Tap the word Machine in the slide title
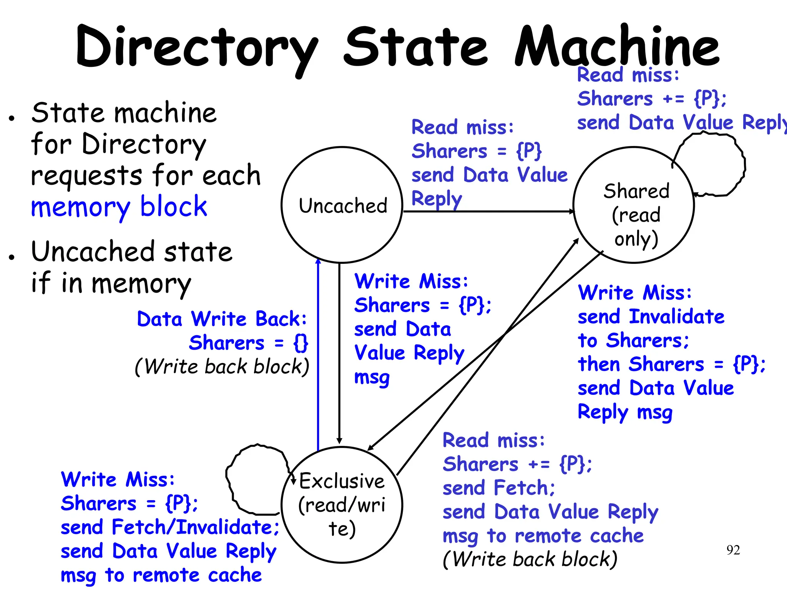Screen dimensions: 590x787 click(616, 47)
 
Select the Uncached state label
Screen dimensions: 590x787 click(343, 206)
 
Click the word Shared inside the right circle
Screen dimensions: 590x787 click(636, 191)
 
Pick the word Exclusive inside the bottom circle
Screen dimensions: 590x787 click(342, 481)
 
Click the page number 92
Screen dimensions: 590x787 click(733, 550)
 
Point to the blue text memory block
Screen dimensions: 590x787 click(119, 207)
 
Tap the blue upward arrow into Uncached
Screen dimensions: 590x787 click(318, 353)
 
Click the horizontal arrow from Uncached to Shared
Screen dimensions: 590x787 click(488, 211)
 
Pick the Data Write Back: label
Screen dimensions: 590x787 click(222, 319)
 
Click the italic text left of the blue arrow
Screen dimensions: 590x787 click(222, 366)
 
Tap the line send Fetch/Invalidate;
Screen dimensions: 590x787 click(169, 527)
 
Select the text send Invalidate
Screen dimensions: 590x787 click(651, 317)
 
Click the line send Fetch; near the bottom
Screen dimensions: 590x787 click(498, 488)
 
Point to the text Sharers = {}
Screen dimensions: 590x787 click(248, 343)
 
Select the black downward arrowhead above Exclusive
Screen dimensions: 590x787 click(339, 441)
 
